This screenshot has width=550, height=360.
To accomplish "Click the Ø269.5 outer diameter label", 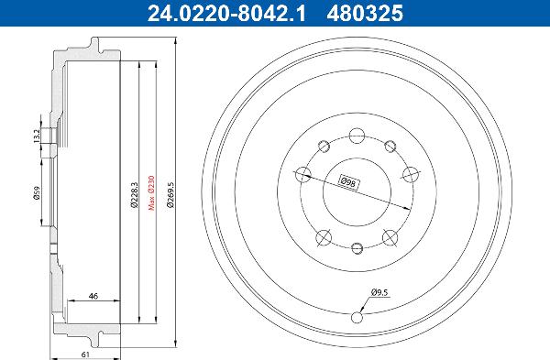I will pos(170,192).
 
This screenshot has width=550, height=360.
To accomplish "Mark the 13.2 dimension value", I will pos(38,136).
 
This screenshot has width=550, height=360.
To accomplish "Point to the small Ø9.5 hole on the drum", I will pos(357,317).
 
